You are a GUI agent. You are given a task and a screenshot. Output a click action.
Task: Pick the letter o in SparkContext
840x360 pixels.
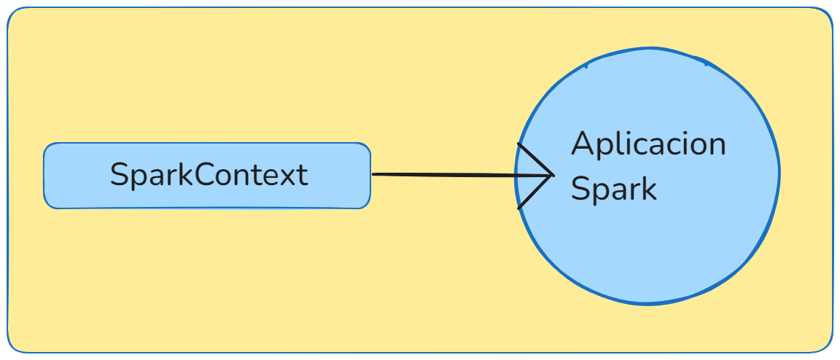point(227,177)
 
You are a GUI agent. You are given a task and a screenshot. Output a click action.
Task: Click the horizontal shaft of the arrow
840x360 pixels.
point(452,175)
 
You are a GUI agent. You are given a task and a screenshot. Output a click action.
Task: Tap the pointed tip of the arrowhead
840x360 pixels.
point(552,175)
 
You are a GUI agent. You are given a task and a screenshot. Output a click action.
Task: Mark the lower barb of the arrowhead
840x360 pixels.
point(534,193)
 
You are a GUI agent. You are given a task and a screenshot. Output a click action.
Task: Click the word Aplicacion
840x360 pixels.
point(648,144)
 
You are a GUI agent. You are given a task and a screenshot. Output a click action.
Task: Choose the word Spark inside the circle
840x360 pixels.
point(613,190)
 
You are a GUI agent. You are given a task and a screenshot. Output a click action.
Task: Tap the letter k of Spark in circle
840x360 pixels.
point(648,188)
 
